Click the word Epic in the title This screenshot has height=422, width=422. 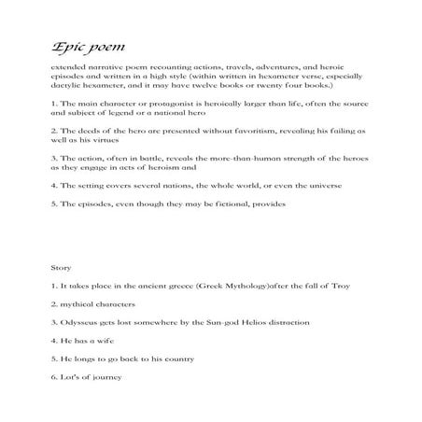point(68,47)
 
